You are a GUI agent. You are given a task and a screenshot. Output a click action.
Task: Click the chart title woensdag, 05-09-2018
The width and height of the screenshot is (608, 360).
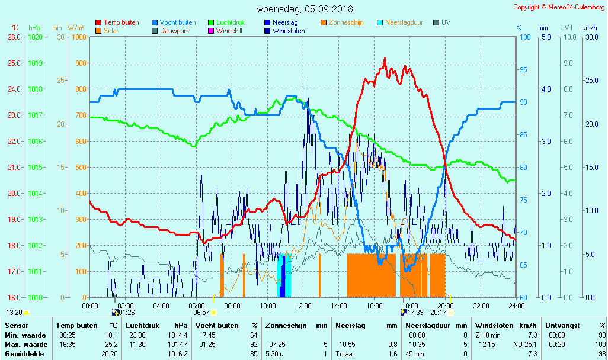[x=304, y=9]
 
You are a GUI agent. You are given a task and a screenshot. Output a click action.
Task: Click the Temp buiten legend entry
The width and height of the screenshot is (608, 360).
[x=121, y=22]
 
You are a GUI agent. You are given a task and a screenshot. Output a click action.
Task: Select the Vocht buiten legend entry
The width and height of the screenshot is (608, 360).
[x=178, y=22]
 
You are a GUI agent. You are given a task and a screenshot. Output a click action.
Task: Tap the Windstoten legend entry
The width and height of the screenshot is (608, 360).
[x=289, y=31]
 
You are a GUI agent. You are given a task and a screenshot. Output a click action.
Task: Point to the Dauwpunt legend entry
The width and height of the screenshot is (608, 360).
[x=175, y=31]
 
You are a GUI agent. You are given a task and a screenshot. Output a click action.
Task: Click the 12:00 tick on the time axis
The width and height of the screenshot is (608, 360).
[x=303, y=306]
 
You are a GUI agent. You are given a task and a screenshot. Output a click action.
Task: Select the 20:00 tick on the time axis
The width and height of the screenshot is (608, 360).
[x=446, y=306]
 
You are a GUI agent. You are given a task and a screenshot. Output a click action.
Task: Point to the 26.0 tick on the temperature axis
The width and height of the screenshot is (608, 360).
[x=14, y=37]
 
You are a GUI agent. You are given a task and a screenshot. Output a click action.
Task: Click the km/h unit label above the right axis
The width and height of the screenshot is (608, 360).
[x=589, y=28]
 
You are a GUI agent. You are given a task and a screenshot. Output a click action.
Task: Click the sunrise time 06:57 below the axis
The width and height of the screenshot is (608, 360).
[x=201, y=313]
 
